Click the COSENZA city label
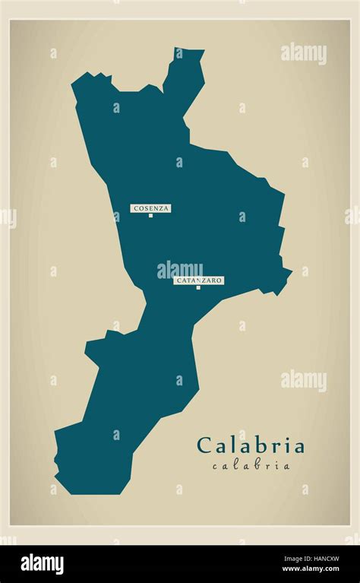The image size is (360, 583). [151, 208]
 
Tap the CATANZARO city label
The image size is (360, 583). [199, 280]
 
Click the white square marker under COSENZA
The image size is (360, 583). [150, 215]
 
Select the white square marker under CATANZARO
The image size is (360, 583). [198, 287]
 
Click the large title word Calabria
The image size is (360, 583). [251, 445]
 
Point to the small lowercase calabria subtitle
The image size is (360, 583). [251, 466]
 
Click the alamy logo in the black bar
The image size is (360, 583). [42, 564]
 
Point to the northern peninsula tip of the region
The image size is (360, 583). [189, 53]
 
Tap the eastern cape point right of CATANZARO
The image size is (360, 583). [289, 271]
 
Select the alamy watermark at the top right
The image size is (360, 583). [303, 53]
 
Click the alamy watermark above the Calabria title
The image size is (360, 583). [303, 380]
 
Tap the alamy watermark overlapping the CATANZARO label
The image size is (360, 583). [180, 270]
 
